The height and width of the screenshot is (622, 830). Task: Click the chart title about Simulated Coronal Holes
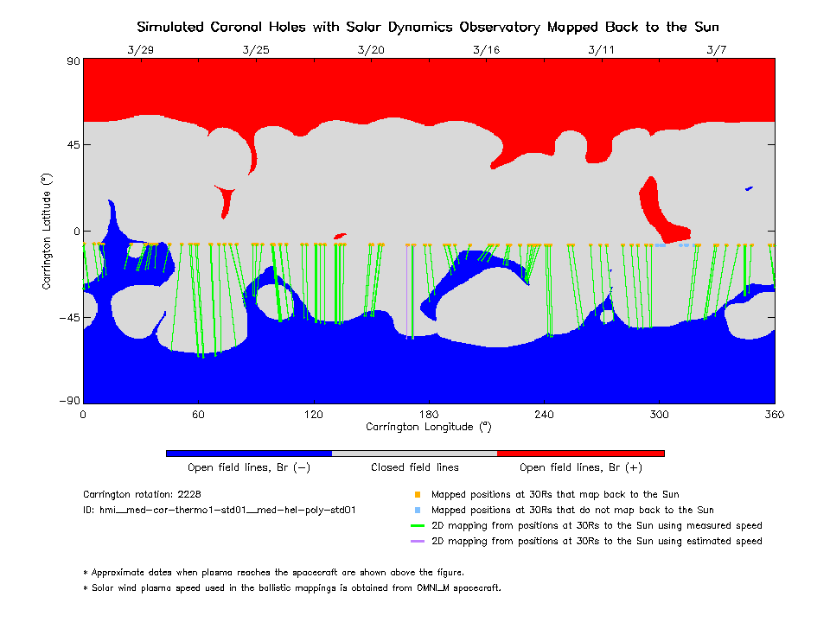[x=428, y=27]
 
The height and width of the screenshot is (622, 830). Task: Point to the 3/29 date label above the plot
[x=141, y=50]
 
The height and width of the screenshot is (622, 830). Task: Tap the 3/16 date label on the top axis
[x=487, y=50]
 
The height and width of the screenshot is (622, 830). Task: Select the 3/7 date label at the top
[x=717, y=50]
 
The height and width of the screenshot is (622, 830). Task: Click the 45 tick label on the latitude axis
[x=73, y=144]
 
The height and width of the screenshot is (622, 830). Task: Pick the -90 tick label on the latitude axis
[x=70, y=401]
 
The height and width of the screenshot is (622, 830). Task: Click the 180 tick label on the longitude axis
[x=429, y=414]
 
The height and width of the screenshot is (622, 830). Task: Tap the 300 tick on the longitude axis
[x=659, y=414]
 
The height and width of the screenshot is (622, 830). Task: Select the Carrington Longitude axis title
[x=429, y=427]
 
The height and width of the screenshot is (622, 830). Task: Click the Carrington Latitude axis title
[x=47, y=232]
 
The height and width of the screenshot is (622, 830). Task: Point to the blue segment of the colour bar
[x=249, y=454]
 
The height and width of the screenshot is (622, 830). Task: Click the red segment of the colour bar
[x=581, y=454]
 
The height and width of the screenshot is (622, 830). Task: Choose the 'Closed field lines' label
[x=415, y=467]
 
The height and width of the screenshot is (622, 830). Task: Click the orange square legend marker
[x=418, y=494]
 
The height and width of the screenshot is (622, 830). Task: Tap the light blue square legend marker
[x=418, y=511]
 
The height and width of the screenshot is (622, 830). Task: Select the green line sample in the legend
[x=418, y=526]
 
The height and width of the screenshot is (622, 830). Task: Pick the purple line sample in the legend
[x=418, y=541]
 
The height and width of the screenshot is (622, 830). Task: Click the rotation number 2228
[x=189, y=494]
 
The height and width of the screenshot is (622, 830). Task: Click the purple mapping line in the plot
[x=406, y=291]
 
